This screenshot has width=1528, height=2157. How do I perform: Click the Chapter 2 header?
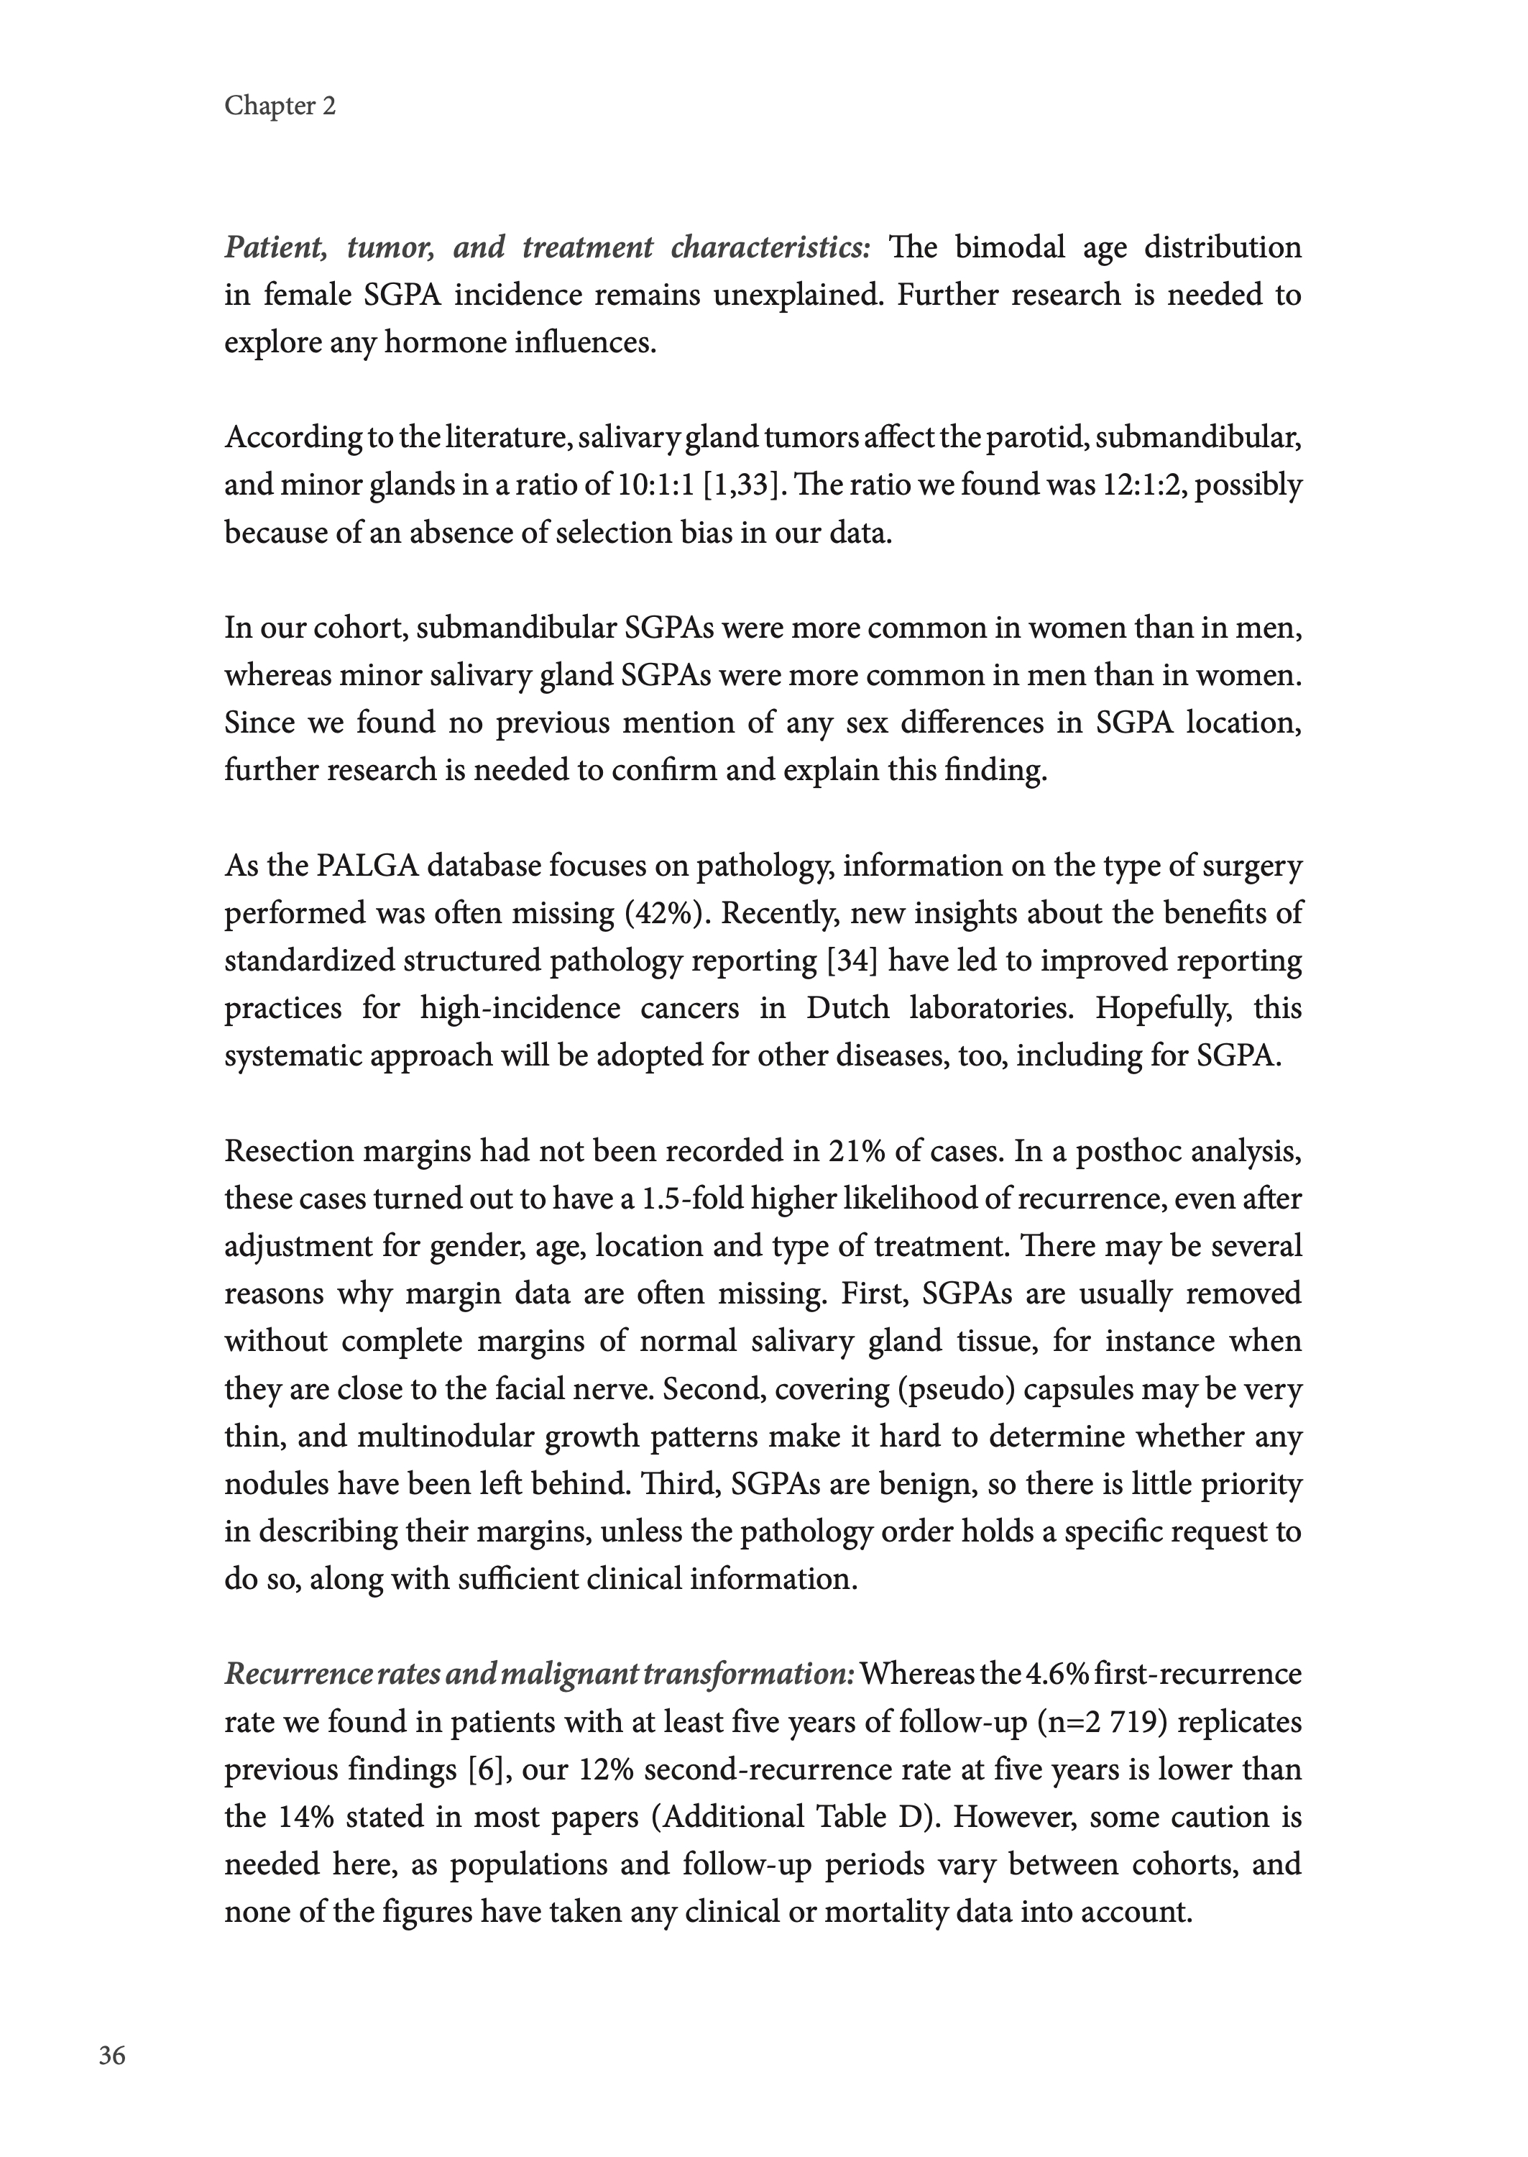pos(280,106)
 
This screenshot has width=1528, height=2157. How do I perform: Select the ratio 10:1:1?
pos(655,485)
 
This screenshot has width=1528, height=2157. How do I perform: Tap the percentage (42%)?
pos(667,913)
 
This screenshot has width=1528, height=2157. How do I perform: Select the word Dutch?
pos(847,1008)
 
